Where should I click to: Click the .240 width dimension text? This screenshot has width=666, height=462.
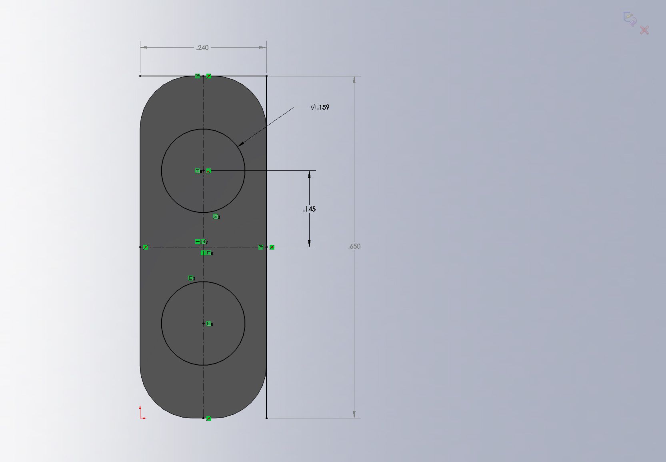coord(202,48)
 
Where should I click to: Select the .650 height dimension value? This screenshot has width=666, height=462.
coord(354,246)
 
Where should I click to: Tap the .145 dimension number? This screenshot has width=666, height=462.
coord(310,209)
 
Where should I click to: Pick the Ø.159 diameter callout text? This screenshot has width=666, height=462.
coord(320,107)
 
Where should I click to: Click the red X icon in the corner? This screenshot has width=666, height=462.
coord(644,30)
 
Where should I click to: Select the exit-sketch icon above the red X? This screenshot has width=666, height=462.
coord(630,19)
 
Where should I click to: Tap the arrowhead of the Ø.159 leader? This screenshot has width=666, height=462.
coord(240,144)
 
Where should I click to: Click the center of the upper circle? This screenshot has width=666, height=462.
coord(203,171)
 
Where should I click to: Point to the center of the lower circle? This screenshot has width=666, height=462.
coord(203,324)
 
